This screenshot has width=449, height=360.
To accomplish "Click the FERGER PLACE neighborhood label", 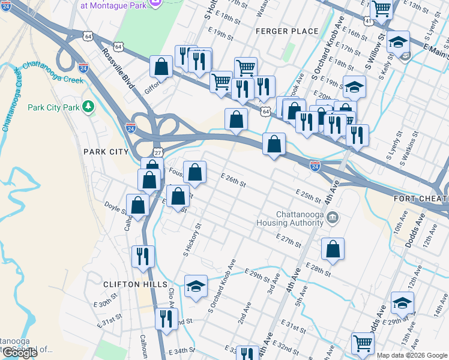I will point(278,31).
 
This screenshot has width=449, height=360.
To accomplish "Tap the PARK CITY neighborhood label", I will point(106,152).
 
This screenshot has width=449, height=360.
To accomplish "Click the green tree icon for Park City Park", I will point(89,107).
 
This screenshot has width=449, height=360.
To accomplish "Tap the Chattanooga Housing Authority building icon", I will point(333,217).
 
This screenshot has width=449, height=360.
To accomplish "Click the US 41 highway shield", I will point(367,21).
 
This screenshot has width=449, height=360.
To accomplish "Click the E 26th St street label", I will point(234,180).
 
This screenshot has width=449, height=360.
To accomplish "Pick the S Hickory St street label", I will point(193,240).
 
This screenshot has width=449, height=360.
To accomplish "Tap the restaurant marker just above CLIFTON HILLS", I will point(142,256).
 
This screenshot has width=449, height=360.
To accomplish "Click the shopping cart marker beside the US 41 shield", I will point(381,10).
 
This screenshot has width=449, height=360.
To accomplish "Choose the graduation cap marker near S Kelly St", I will point(397,43).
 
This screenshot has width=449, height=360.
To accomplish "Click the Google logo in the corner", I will point(19,353).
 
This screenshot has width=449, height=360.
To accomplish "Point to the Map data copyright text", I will point(412,355).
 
